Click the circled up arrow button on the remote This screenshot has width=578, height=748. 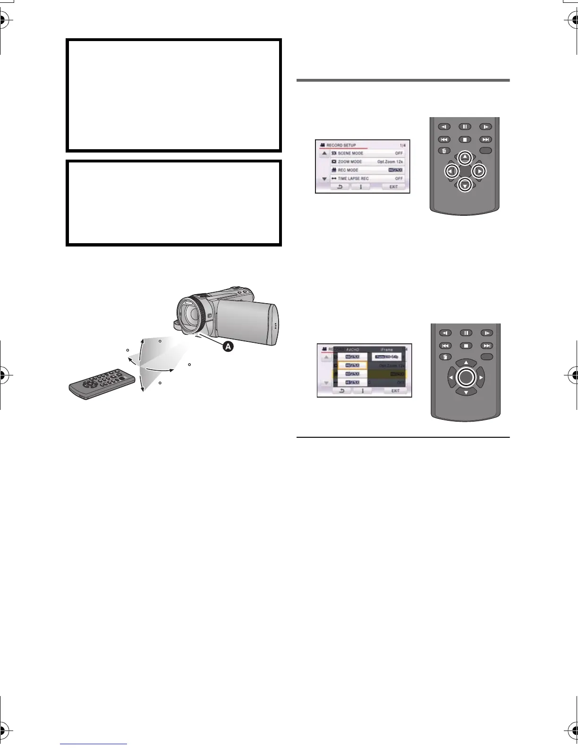[x=465, y=157]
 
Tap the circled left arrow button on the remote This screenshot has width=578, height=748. [x=451, y=171]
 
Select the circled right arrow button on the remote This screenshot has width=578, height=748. [x=479, y=171]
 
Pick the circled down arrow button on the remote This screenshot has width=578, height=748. [x=465, y=185]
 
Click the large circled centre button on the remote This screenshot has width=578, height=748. [x=466, y=377]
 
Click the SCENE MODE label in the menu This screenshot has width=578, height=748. [x=350, y=153]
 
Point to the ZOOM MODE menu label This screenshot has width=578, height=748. [x=350, y=161]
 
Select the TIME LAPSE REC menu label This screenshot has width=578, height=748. [x=353, y=178]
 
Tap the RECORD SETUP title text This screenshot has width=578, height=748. [x=341, y=145]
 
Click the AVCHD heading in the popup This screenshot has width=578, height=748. [x=352, y=350]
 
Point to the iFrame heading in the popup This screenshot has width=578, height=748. [x=386, y=350]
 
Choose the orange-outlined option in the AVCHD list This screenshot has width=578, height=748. [x=352, y=365]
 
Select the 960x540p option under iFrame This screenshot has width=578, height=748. [x=387, y=357]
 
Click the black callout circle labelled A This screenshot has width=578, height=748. [x=228, y=347]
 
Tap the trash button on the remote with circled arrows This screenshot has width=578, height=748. [x=444, y=151]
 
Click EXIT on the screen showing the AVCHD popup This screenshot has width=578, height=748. [x=395, y=391]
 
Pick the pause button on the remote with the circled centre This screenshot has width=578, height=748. [x=466, y=333]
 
